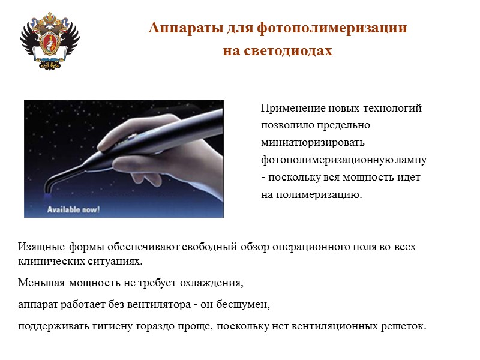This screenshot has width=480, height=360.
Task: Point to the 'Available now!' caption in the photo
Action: click(74, 209)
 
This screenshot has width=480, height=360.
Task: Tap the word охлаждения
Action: click(214, 282)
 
